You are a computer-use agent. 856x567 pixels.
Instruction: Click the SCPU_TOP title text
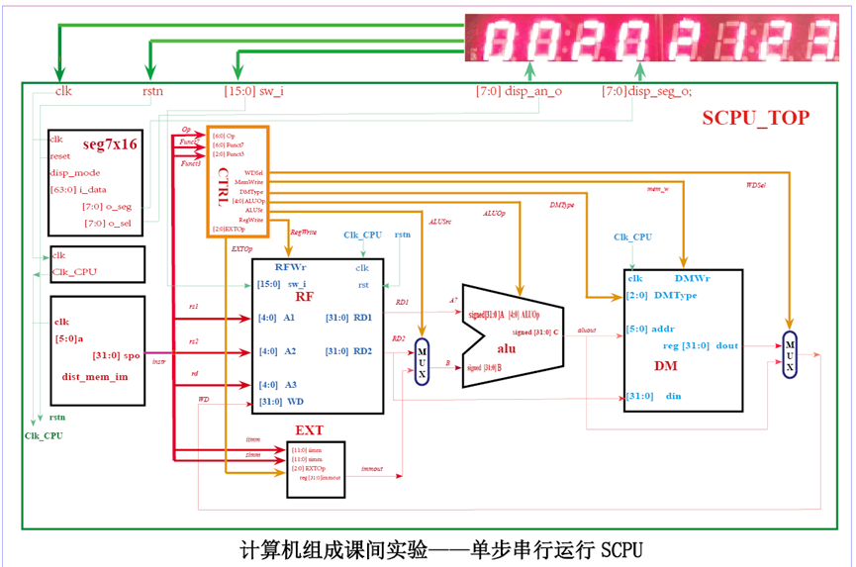(756, 118)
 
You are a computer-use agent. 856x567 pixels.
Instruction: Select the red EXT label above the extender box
(310, 430)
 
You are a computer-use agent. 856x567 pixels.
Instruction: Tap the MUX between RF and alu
(423, 361)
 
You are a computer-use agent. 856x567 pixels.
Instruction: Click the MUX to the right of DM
(790, 352)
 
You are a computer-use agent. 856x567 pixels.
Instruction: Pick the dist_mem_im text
(95, 376)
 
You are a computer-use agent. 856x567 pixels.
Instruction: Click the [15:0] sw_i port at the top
(254, 92)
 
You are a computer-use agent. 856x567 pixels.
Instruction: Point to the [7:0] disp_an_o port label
(519, 92)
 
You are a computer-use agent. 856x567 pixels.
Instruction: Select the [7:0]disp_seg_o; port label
(647, 92)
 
